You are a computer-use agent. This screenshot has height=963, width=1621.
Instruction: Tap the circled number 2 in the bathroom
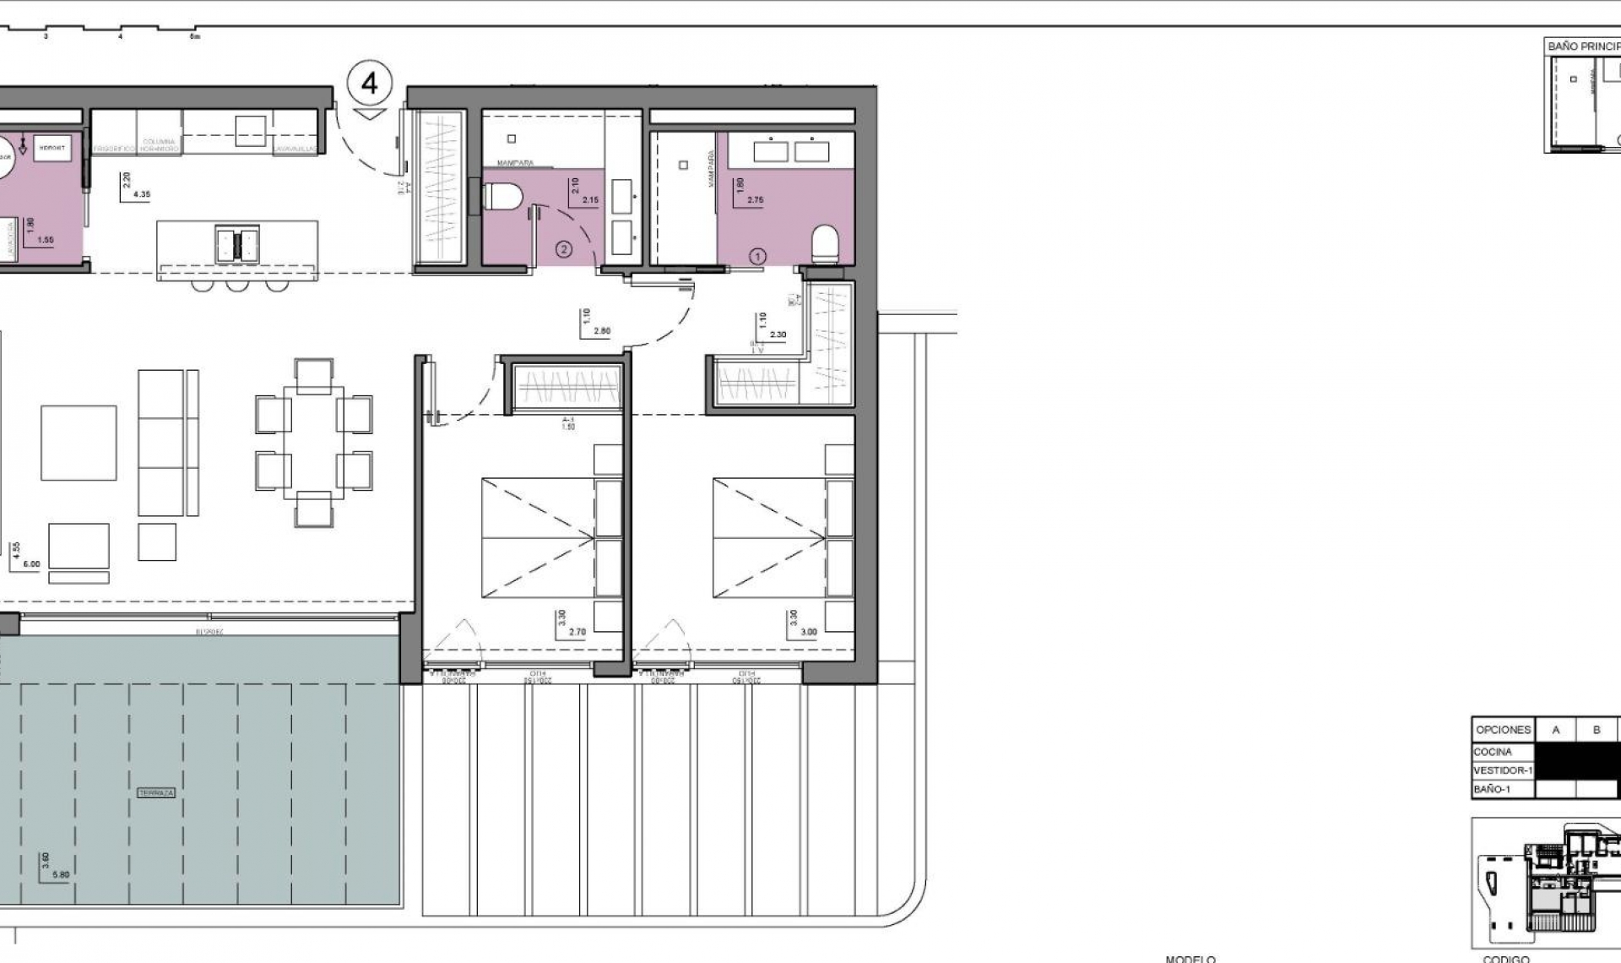564,249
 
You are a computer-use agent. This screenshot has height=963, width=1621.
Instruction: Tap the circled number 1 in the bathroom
757,256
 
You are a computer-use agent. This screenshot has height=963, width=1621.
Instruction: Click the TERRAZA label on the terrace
157,793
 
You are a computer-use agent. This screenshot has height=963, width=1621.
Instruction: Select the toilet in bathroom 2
503,198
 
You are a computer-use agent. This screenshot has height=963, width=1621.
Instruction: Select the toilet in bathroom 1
826,245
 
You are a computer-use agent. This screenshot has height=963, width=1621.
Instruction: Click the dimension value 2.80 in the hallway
601,331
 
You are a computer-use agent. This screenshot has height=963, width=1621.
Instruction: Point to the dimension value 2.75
755,201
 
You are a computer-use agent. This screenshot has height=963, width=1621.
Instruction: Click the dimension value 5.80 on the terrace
61,874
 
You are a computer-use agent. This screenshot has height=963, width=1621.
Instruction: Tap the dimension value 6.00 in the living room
30,563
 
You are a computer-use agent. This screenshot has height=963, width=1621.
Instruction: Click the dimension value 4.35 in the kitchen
141,194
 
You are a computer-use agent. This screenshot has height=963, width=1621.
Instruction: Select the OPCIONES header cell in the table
1503,730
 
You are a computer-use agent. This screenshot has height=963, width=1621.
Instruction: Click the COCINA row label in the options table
1493,752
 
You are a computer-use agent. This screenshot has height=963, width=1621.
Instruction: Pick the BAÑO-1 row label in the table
1492,789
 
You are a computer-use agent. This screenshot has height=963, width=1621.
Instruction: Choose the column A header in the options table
1555,730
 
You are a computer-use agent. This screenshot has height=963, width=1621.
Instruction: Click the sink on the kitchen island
237,243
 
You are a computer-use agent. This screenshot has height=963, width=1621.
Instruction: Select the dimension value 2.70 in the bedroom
577,632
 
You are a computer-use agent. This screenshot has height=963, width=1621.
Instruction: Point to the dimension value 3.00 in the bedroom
808,632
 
